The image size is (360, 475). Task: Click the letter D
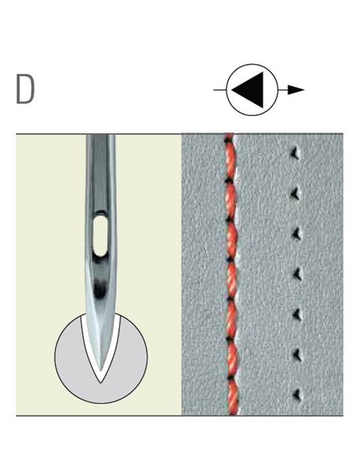click(26, 89)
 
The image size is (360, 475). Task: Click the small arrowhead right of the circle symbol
click(295, 90)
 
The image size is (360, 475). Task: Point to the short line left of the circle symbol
click(220, 90)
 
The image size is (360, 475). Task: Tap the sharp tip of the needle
click(101, 372)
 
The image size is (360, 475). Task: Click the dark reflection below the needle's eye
click(100, 289)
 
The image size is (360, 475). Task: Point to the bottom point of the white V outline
click(101, 383)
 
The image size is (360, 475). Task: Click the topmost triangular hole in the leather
click(295, 153)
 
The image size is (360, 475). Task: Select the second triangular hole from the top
click(295, 194)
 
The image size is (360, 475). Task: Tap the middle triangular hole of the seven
click(298, 274)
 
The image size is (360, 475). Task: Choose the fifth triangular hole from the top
click(297, 314)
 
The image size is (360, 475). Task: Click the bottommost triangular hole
click(297, 395)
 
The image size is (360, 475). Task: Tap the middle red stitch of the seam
click(232, 280)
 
